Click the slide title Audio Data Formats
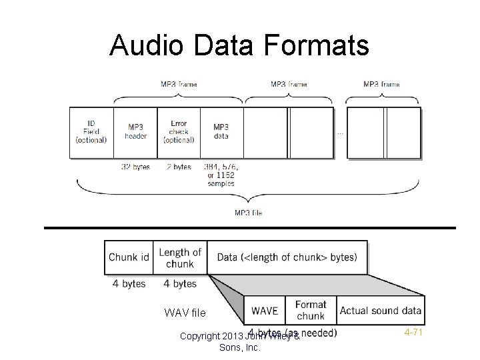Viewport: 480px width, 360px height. coord(239,45)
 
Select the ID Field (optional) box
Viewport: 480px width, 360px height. coord(91,132)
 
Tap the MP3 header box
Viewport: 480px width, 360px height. coord(135,132)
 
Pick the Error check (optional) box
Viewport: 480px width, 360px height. coord(179,132)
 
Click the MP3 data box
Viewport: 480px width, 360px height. coord(221,132)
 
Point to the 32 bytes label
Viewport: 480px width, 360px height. coord(135,167)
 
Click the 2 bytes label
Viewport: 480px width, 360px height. coord(178,167)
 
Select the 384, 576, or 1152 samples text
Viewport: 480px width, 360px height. coord(221,175)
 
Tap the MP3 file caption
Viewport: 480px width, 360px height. coord(248,213)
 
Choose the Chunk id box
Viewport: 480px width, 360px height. coord(129,257)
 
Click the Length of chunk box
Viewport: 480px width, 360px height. coord(180,257)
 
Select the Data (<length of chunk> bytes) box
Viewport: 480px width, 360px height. coord(287,257)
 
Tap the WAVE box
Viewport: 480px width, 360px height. coord(265,311)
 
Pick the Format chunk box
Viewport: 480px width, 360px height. coord(311,311)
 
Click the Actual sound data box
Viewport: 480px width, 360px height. coord(381,311)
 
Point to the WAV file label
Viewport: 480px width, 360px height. coord(185,313)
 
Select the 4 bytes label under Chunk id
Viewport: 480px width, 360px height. coord(129,283)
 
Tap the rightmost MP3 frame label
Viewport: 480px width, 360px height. coord(381,85)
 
